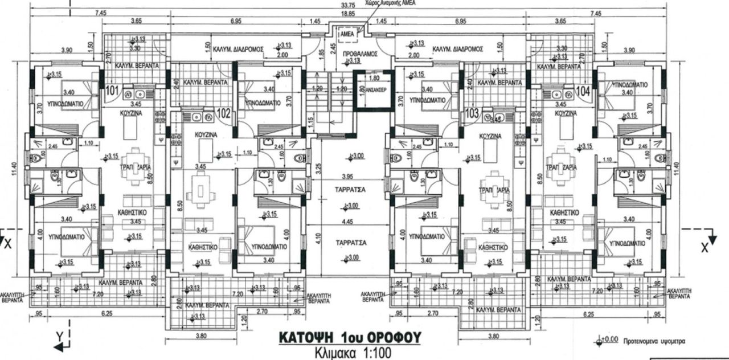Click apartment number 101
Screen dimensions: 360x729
coord(111,90)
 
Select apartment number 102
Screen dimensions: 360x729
coord(223,113)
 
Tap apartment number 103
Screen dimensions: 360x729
coord(472,113)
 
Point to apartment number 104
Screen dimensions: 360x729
coord(583,90)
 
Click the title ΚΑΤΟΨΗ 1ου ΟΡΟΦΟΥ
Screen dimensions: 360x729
coord(350,337)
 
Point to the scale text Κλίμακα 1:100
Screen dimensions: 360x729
coord(353,353)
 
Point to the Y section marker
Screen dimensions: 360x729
coord(59,337)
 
